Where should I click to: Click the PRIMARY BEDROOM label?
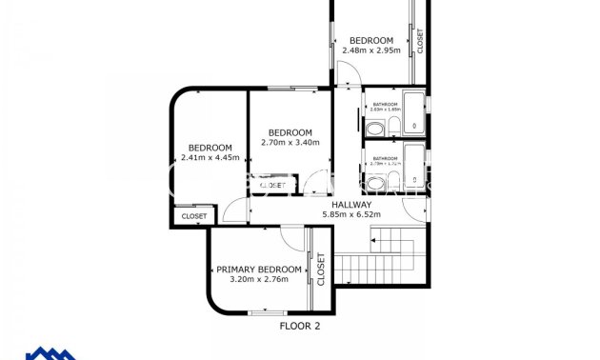point(259,270)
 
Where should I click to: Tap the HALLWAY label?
point(351,205)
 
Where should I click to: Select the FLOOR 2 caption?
point(299,326)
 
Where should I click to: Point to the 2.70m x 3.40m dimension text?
point(290,143)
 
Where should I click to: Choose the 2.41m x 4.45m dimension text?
point(210,158)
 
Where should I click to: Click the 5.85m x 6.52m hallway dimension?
point(351,215)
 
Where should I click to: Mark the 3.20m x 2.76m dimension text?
point(259,280)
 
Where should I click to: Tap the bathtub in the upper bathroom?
point(415,113)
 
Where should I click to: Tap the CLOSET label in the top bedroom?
point(420,40)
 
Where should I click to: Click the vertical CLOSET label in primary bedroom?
point(321,270)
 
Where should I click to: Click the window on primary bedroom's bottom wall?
point(266,312)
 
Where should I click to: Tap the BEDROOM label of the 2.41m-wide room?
point(210,148)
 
